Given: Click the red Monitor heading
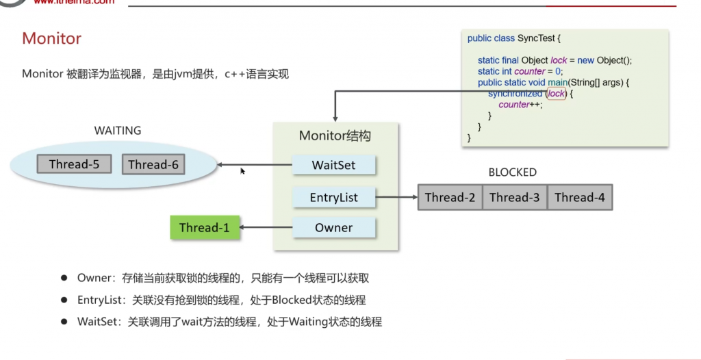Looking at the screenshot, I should pos(52,38).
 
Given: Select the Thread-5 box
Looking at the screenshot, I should pos(74,164).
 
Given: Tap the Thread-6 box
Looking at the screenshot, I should pos(153,164).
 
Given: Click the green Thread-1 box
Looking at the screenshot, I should pos(205,228).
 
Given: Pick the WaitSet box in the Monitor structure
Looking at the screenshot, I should pos(333,165).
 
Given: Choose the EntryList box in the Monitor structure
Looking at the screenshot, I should pos(333,198).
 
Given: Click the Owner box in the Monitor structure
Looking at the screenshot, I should pos(333,228).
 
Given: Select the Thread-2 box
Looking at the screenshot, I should pos(450,197).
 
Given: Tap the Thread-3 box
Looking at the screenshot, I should pos(515,197).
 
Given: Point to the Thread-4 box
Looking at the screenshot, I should pos(580,197).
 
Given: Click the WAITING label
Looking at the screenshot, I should pos(118,130).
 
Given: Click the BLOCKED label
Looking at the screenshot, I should pos(512,172).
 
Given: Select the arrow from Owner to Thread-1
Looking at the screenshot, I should pos(266,228).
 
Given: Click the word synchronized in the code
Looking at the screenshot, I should pos(515,94).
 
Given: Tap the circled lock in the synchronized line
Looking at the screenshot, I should pos(557,94).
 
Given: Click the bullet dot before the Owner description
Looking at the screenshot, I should pos(64,278).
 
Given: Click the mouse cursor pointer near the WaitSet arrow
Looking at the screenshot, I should pos(242,171).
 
